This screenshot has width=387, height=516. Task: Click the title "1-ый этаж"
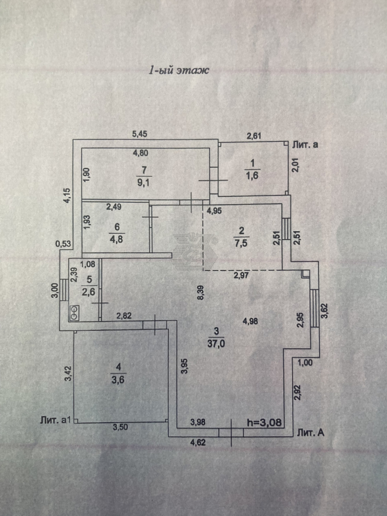[x=179, y=70]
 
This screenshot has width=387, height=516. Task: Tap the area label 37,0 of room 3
[x=216, y=344]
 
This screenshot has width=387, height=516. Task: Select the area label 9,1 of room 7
[x=143, y=182]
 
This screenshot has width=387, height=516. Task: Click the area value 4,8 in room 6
[x=117, y=239]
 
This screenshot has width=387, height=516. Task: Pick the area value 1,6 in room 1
[x=252, y=175]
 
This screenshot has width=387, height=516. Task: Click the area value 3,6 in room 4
[x=118, y=380]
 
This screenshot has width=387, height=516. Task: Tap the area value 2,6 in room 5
[x=89, y=292]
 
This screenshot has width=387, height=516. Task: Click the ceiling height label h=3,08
[x=264, y=423]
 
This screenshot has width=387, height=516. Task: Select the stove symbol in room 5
[x=74, y=309]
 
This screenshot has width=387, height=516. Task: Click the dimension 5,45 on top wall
[x=139, y=134]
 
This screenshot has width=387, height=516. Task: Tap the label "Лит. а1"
[x=56, y=420]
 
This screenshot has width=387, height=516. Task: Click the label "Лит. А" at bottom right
[x=311, y=432]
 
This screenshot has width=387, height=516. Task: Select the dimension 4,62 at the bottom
[x=198, y=443]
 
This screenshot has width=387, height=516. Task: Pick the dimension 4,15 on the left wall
[x=67, y=195]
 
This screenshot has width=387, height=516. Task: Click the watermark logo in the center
[x=195, y=252]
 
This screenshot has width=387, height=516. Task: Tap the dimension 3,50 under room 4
[x=120, y=427]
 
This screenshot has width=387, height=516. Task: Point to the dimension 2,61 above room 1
[x=254, y=136]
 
